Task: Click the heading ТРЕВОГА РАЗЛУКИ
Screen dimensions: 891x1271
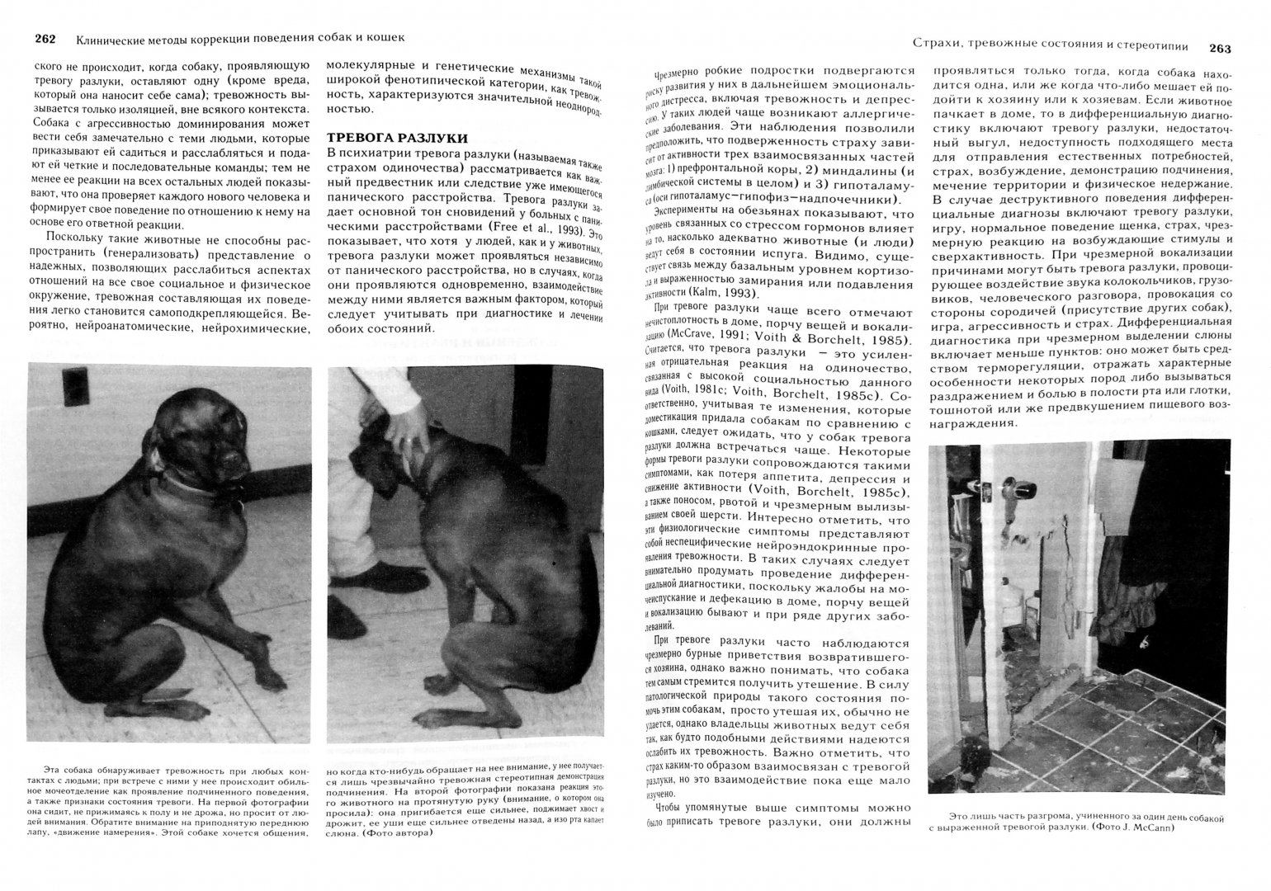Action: pos(397,139)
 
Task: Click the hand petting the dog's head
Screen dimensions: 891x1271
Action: pos(409,430)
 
